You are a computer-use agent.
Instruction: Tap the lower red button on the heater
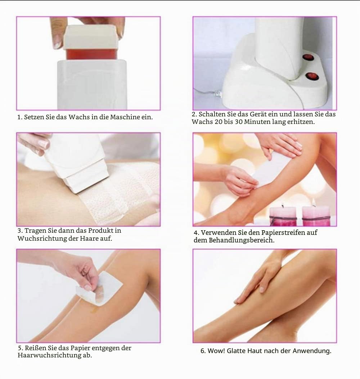point(312,76)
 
